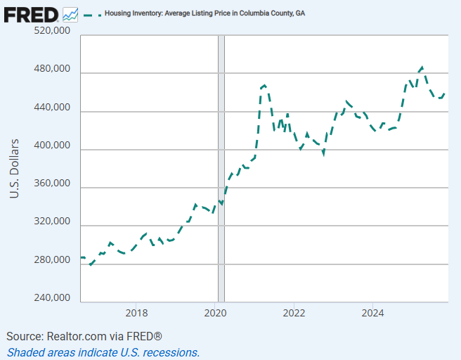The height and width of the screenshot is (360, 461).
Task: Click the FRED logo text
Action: pyautogui.click(x=32, y=13)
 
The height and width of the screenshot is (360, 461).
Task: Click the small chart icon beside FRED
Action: pyautogui.click(x=70, y=13)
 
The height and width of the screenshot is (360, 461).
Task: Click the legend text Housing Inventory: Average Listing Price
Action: pyautogui.click(x=204, y=13)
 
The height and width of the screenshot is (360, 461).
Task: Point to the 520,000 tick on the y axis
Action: pyautogui.click(x=52, y=32)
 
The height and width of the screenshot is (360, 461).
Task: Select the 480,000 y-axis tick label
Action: pyautogui.click(x=52, y=70)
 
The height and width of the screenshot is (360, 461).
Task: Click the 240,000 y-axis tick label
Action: pyautogui.click(x=52, y=298)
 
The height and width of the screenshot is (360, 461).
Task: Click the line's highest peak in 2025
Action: pyautogui.click(x=422, y=67)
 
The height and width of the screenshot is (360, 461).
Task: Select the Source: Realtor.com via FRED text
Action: pyautogui.click(x=84, y=336)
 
